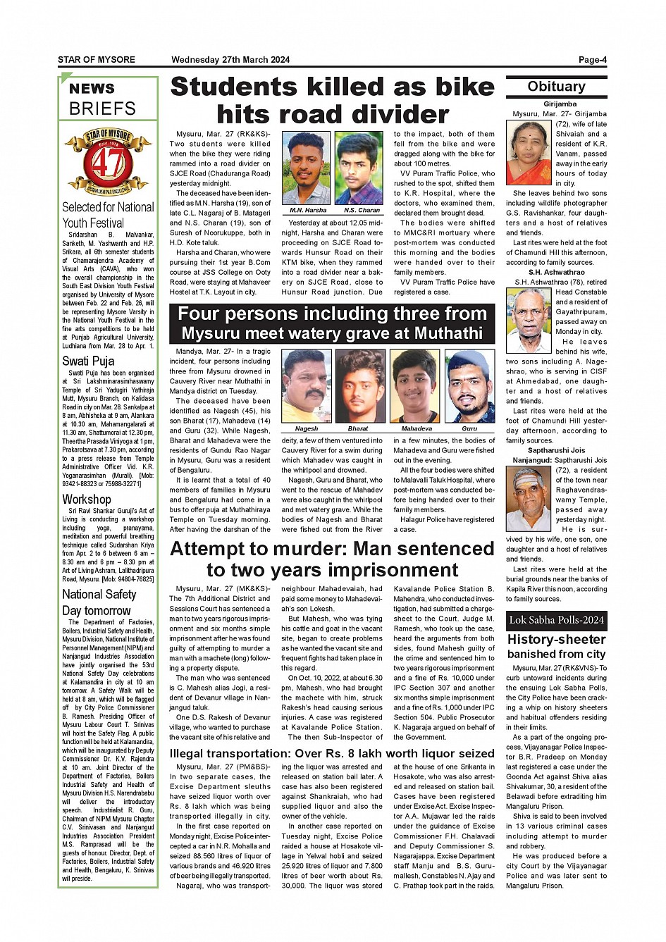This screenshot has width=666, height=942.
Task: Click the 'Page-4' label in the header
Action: point(592,60)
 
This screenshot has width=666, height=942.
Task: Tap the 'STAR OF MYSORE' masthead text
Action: point(97,60)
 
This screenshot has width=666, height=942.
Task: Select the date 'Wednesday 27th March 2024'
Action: point(230,60)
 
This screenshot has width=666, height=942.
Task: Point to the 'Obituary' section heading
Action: point(556,87)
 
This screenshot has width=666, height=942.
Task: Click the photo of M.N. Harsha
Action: point(307,168)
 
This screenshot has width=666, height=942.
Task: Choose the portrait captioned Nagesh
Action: point(306,386)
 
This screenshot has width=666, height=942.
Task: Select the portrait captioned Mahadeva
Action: point(414,386)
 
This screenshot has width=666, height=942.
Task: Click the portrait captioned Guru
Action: point(469,386)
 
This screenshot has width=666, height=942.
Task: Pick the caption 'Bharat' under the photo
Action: point(358,428)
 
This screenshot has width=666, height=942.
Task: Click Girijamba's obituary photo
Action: point(529,152)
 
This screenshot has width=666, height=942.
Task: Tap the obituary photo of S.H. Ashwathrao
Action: point(529,312)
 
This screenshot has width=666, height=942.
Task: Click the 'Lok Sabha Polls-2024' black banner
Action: point(556,621)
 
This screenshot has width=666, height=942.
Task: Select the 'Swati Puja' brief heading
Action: point(88,361)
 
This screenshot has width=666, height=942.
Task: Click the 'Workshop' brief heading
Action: point(87,500)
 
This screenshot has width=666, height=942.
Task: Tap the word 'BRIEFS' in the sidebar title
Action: point(102,109)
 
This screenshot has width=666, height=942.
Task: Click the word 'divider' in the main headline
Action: point(403,114)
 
